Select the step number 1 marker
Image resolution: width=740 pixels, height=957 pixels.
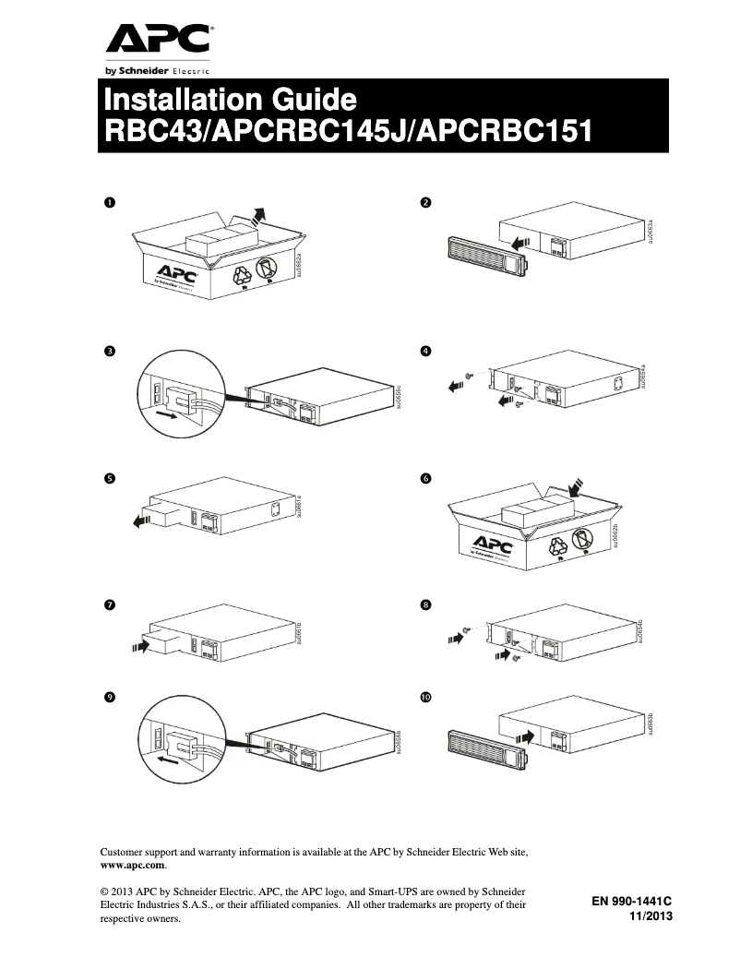[109, 201]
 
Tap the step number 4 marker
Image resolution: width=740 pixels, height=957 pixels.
[425, 352]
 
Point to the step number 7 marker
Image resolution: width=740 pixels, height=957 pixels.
[109, 605]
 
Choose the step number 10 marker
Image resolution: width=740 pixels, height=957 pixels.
[425, 699]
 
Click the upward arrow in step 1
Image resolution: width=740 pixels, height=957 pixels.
[260, 215]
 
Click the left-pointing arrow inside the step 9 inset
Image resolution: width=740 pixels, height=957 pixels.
[167, 760]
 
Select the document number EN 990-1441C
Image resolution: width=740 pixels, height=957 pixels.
[631, 901]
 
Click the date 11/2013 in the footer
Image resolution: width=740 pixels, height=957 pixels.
[650, 915]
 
